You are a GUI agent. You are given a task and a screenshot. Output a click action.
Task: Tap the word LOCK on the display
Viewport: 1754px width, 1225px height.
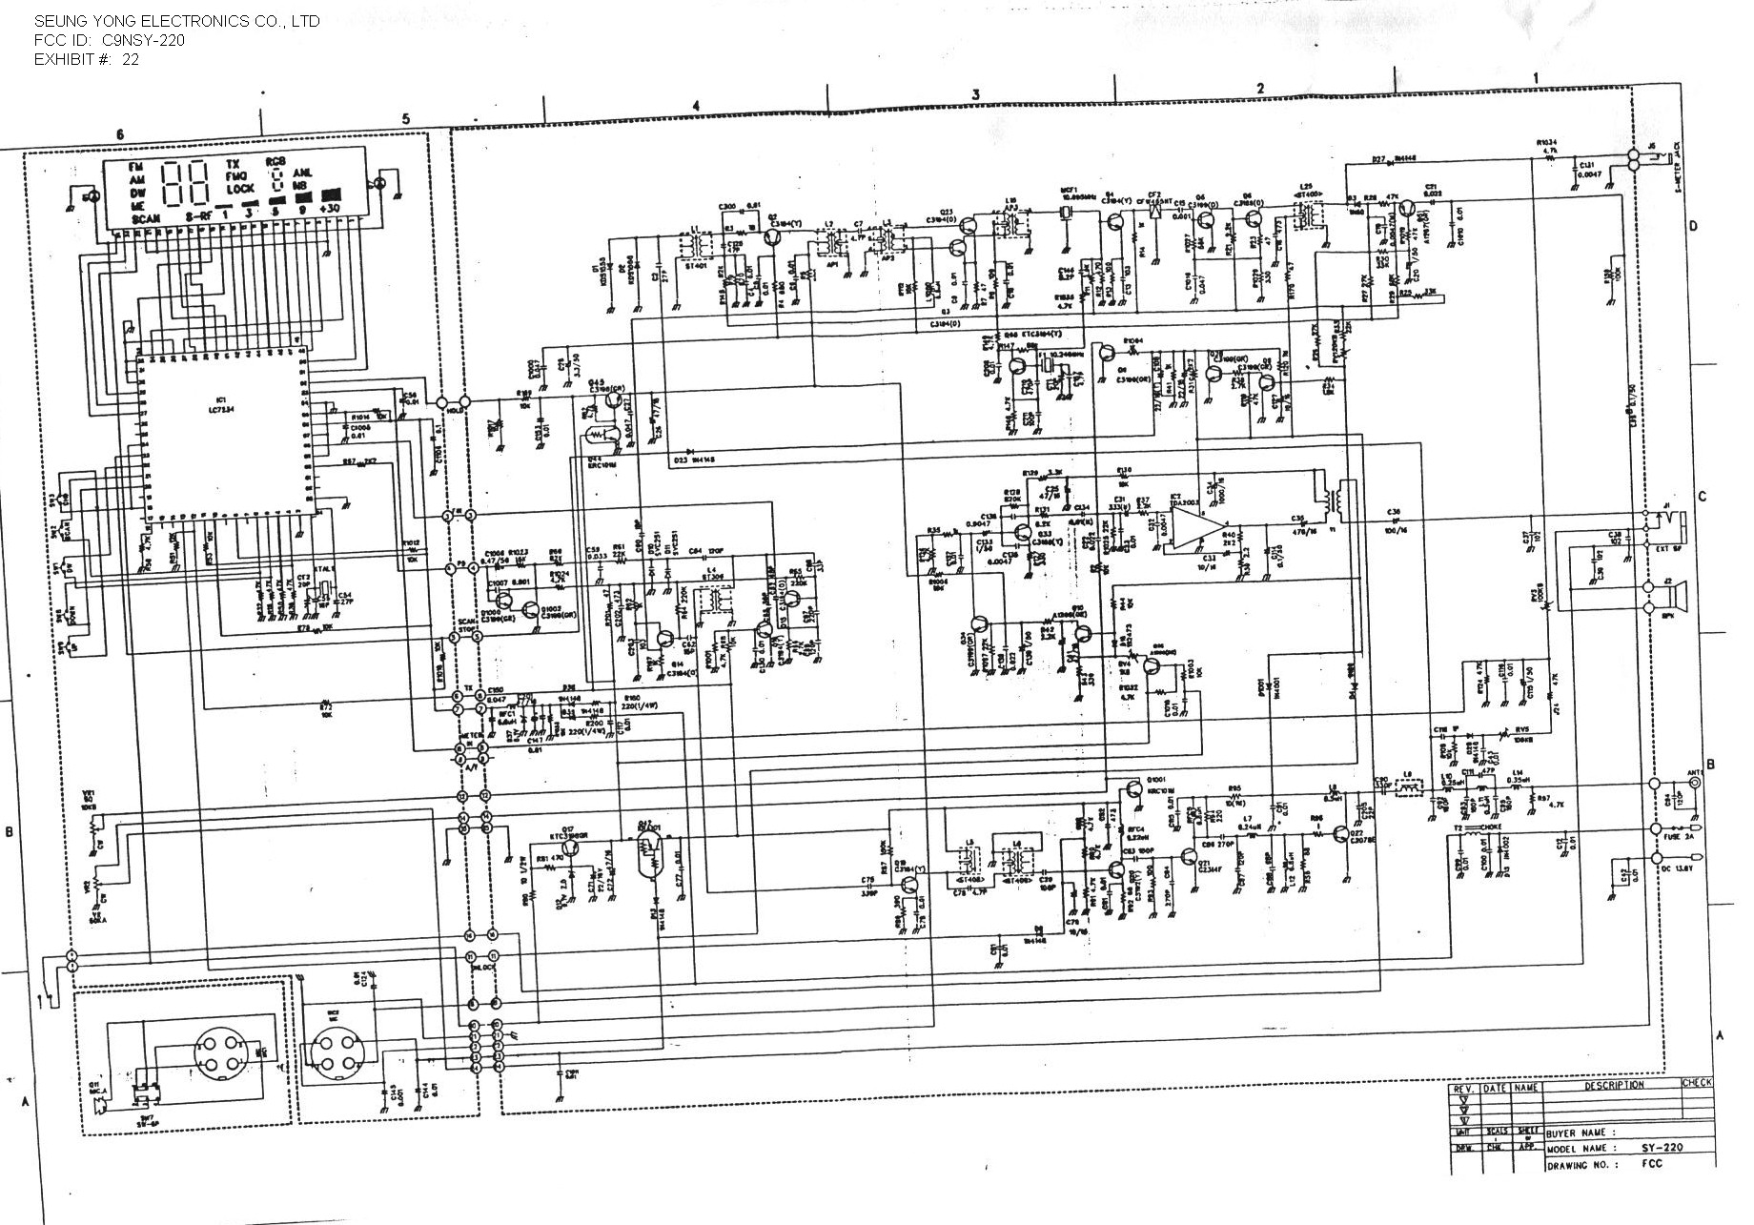click(x=240, y=190)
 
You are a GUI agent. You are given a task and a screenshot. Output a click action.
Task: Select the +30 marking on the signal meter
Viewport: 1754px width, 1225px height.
click(x=331, y=209)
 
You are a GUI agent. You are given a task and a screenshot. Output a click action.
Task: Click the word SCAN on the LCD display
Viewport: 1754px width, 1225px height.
click(x=148, y=219)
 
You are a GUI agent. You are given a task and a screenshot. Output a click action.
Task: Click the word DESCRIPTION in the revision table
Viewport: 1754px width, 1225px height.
click(x=1614, y=1085)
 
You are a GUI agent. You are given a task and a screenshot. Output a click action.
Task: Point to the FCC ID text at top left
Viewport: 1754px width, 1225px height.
click(x=110, y=40)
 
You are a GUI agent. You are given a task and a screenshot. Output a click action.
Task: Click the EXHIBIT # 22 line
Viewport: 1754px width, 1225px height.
click(x=87, y=59)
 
